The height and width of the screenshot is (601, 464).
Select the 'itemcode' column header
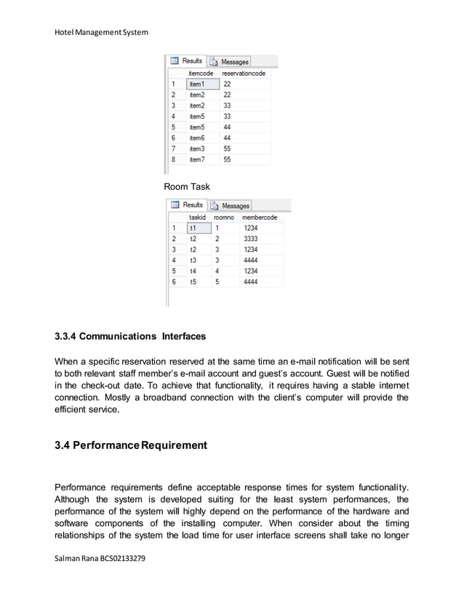pyautogui.click(x=200, y=73)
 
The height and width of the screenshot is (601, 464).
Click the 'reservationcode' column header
pyautogui.click(x=244, y=73)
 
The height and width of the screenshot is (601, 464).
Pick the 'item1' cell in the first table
pyautogui.click(x=197, y=84)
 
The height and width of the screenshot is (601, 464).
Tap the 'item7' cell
pyautogui.click(x=197, y=159)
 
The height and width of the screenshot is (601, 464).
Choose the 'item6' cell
pyautogui.click(x=197, y=138)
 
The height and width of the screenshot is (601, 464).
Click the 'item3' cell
pyautogui.click(x=197, y=148)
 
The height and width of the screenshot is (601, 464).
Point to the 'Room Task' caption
pyautogui.click(x=187, y=187)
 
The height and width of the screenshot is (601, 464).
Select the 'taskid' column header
pyautogui.click(x=197, y=217)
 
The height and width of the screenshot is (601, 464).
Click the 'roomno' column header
pyautogui.click(x=224, y=217)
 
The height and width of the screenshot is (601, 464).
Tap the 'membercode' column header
pyautogui.click(x=260, y=217)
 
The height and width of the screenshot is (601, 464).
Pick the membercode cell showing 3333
pyautogui.click(x=251, y=238)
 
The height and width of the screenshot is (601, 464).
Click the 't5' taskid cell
pyautogui.click(x=193, y=281)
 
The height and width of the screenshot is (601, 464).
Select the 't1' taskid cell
pyautogui.click(x=193, y=228)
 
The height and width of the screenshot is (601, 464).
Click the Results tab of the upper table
pyautogui.click(x=188, y=62)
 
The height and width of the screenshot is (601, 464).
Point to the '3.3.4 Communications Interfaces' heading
pyautogui.click(x=130, y=337)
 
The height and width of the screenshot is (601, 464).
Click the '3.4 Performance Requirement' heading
pyautogui.click(x=131, y=445)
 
